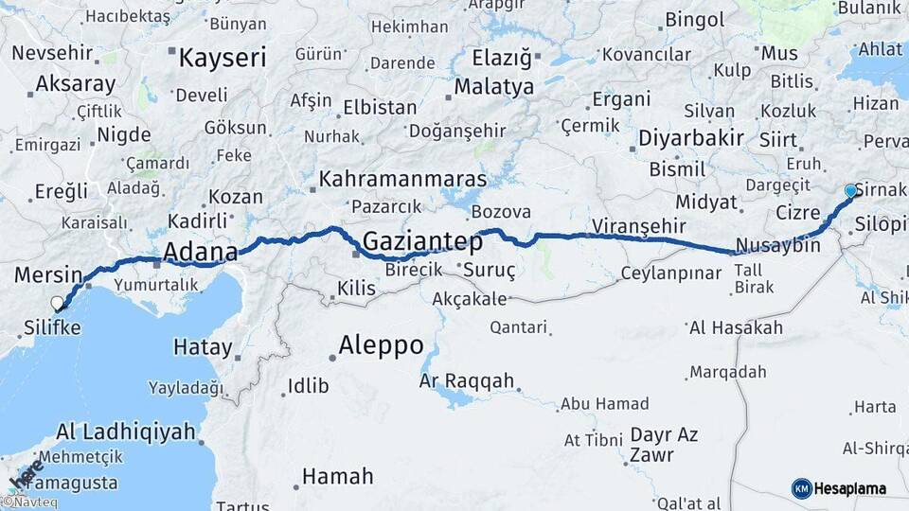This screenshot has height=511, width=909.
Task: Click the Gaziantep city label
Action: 422,241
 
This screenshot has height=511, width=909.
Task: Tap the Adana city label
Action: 200,252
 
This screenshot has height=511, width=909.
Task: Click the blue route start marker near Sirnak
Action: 850,191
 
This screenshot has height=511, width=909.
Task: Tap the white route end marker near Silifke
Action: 58,304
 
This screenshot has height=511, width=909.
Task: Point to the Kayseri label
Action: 223,59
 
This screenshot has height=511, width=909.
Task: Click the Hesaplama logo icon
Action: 801,488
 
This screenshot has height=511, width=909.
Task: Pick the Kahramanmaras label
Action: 402,179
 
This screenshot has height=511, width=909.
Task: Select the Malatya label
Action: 495,87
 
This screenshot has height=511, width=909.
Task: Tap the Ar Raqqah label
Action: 467,381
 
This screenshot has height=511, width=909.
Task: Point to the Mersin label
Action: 48,275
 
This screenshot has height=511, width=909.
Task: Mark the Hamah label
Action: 337,476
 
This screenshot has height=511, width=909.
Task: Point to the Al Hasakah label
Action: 736,328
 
